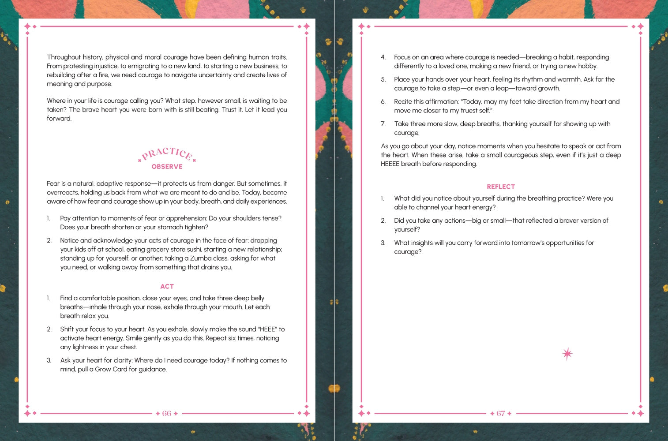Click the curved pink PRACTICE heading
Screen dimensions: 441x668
[x=167, y=153]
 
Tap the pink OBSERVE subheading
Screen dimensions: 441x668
[x=167, y=167]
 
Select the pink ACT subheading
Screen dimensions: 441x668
[x=167, y=287]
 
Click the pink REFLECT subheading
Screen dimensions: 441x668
[x=501, y=187]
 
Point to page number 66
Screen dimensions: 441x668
[x=166, y=414]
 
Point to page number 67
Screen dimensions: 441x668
[x=500, y=414]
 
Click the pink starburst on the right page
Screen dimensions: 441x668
[x=567, y=354]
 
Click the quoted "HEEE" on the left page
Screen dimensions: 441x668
[x=268, y=329]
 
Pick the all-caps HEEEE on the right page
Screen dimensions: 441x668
[x=390, y=164]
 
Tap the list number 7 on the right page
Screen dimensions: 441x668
[x=383, y=124]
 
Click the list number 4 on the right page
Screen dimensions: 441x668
[x=383, y=57]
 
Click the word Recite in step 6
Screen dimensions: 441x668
[x=403, y=102]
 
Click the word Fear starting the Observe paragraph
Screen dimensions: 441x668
[x=53, y=184]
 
